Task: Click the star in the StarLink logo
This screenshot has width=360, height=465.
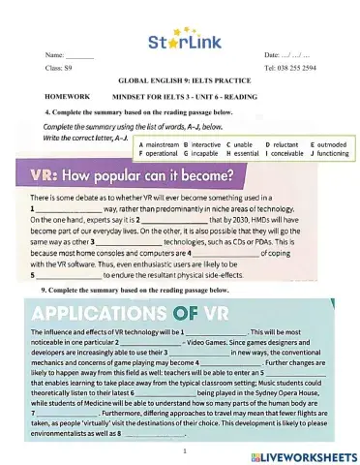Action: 169,42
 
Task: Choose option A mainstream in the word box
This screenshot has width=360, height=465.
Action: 161,143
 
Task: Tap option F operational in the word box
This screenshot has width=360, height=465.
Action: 161,153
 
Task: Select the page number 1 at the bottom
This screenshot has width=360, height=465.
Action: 183,449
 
